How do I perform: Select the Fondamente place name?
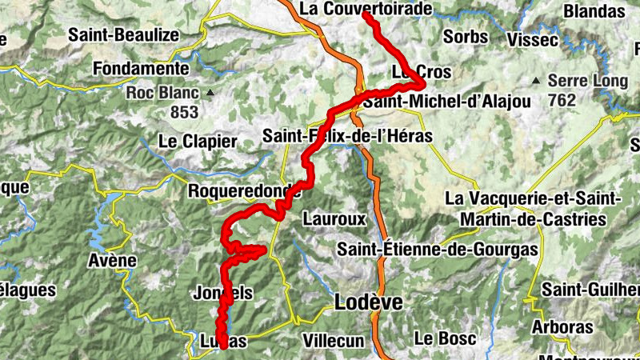pos(141,69)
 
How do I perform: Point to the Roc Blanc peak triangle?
pos(210,92)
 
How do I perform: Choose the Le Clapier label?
pos(198,142)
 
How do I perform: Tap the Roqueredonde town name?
pos(243,191)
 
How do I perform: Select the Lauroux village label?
pos(334,218)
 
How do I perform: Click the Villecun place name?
pos(334,340)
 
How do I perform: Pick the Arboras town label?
pos(566,327)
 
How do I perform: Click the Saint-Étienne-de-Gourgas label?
pos(437,250)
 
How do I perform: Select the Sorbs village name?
pos(465,37)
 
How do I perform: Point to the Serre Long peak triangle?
pos(537,80)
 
